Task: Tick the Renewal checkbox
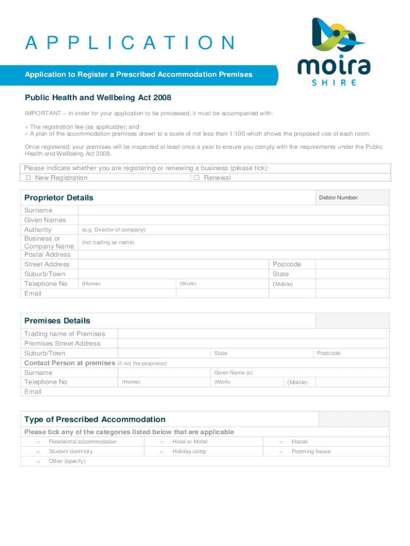click(196, 178)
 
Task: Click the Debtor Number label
click(339, 198)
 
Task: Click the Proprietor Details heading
click(59, 198)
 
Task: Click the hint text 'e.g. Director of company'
click(113, 230)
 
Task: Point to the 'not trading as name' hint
click(108, 243)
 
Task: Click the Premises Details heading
click(57, 321)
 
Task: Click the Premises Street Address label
click(62, 343)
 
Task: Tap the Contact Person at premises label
click(70, 363)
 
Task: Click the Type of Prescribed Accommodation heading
click(95, 420)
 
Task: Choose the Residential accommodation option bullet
click(38, 442)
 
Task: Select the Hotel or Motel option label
click(190, 442)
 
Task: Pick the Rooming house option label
click(311, 452)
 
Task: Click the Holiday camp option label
click(189, 452)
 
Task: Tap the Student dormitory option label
click(70, 452)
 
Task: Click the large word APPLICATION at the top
click(130, 43)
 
